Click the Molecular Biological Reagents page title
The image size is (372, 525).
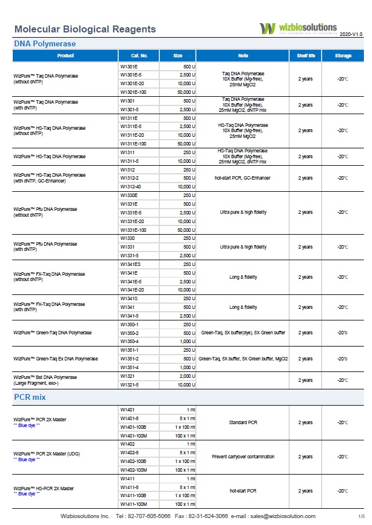(85, 29)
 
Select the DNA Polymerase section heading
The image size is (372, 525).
(45, 43)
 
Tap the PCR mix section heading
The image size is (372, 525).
(30, 398)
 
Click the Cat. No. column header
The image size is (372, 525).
(134, 56)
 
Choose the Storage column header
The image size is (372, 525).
(343, 56)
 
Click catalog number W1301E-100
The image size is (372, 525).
(133, 92)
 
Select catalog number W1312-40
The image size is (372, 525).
(130, 187)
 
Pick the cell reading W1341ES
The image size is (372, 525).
(130, 264)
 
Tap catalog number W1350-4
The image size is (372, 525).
(129, 341)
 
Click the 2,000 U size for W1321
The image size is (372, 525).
(186, 376)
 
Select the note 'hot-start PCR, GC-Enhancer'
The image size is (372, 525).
(243, 178)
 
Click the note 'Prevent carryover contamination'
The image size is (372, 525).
(243, 457)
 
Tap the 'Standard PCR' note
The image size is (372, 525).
(243, 422)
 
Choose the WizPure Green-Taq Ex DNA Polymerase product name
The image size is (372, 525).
(56, 359)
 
